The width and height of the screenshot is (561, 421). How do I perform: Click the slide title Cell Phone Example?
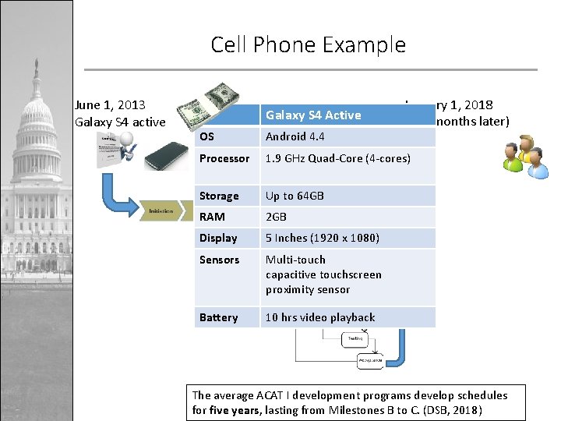pyautogui.click(x=308, y=44)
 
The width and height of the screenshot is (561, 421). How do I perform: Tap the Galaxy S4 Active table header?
pyautogui.click(x=313, y=115)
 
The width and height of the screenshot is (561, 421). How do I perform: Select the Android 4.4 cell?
pyautogui.click(x=296, y=137)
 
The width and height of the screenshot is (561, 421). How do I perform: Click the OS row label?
pyautogui.click(x=206, y=137)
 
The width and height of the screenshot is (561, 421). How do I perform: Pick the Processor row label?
pyautogui.click(x=224, y=158)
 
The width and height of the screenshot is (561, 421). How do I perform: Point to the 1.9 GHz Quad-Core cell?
pyautogui.click(x=337, y=158)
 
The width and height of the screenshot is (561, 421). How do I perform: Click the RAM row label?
pyautogui.click(x=212, y=218)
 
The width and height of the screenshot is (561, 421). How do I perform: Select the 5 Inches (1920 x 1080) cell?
pyautogui.click(x=321, y=239)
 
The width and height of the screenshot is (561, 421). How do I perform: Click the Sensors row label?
pyautogui.click(x=219, y=260)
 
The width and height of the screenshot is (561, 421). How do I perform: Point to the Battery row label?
pyautogui.click(x=218, y=317)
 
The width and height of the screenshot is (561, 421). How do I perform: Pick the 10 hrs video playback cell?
pyautogui.click(x=320, y=317)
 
